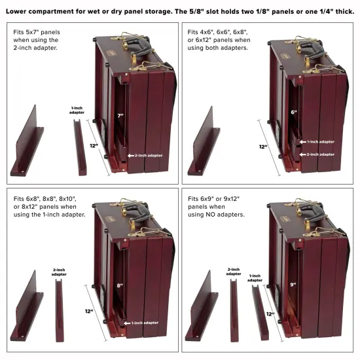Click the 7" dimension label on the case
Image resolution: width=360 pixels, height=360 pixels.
(x=120, y=116)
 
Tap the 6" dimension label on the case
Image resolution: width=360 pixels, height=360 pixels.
(x=294, y=112)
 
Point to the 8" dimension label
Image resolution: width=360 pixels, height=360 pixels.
(x=120, y=285)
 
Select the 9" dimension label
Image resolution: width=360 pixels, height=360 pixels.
(x=293, y=285)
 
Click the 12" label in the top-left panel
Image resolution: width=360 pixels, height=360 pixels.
(x=94, y=145)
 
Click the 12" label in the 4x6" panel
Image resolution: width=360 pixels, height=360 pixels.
(x=263, y=147)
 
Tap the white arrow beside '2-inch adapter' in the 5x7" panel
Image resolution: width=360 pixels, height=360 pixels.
(x=131, y=156)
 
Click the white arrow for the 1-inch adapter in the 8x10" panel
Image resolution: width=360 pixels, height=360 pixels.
(x=127, y=323)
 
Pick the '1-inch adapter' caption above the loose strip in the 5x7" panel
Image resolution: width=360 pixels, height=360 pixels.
(x=77, y=110)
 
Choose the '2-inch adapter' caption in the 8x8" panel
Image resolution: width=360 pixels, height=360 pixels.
(x=59, y=272)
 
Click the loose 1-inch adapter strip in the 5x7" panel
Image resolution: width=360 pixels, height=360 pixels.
(x=80, y=147)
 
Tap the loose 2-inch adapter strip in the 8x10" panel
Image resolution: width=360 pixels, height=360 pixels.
(x=60, y=310)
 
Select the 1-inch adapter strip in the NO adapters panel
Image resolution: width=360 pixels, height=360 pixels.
(x=261, y=313)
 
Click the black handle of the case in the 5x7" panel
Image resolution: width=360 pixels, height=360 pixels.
(x=137, y=47)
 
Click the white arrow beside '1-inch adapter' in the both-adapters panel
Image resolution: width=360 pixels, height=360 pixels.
(x=303, y=142)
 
